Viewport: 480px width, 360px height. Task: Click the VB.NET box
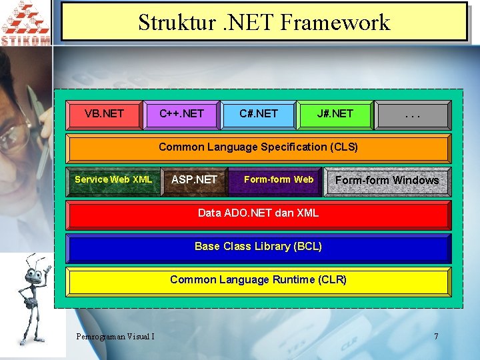(x=105, y=114)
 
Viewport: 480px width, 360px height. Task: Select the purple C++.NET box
(x=181, y=114)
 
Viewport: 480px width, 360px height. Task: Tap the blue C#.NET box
(x=259, y=114)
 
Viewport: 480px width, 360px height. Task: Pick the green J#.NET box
(x=335, y=114)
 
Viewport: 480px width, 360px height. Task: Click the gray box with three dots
(x=413, y=114)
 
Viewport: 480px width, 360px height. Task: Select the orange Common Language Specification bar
(x=259, y=147)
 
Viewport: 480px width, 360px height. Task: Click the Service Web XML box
(x=113, y=180)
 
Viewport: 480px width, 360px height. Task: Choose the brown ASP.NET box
(x=194, y=180)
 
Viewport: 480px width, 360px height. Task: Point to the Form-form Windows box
(x=387, y=181)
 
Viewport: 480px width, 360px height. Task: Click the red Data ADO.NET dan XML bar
(x=259, y=214)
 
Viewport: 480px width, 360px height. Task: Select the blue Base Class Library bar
(x=259, y=247)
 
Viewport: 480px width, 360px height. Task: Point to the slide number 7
(x=436, y=336)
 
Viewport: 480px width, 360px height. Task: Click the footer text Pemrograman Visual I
(x=115, y=336)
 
